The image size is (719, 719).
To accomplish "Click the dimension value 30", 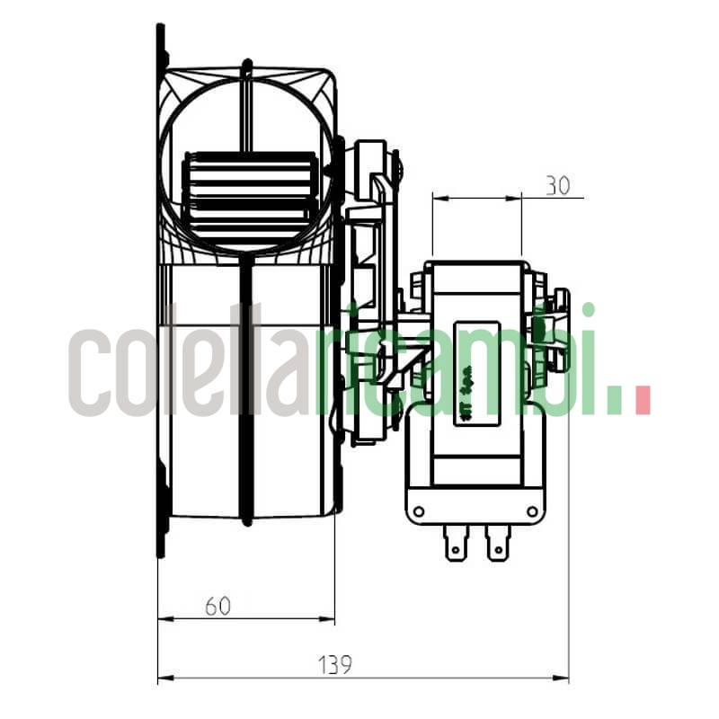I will coord(558,185).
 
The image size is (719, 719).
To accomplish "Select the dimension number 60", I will coord(217,607).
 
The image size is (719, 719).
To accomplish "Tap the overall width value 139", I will coord(335,665).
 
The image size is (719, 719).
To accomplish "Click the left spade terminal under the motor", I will coord(457,543).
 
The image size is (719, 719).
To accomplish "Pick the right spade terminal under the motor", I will coord(497,543).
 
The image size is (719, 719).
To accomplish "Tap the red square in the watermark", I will coord(642,401).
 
